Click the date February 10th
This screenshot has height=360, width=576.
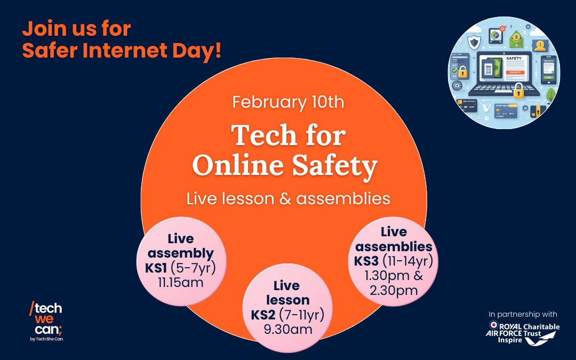click(x=288, y=102)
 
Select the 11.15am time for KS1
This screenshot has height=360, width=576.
click(x=180, y=282)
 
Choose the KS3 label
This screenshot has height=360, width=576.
click(x=367, y=261)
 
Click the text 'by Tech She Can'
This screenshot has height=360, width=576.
click(x=49, y=339)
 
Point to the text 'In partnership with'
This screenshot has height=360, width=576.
click(x=523, y=314)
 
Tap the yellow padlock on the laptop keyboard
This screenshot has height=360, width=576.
click(x=517, y=93)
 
